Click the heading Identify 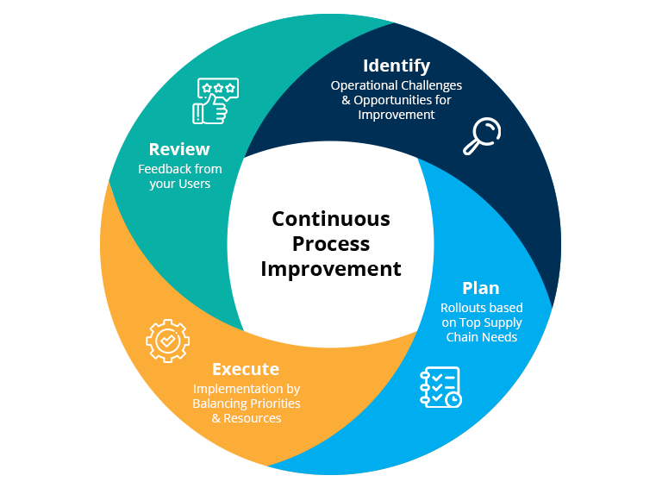pos(397,66)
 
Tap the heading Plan pos(480,288)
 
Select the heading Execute pos(246,369)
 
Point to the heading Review pos(179,149)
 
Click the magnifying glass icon pos(482,136)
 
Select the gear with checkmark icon pos(167,341)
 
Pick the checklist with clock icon pos(440,387)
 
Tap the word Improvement pos(397,115)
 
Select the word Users pos(193,184)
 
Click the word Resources pos(253,418)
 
